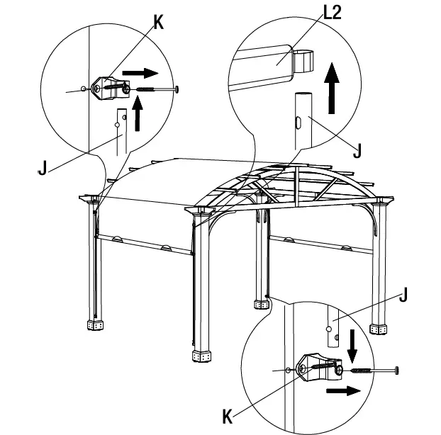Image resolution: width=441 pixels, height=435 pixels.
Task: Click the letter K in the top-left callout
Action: point(157,22)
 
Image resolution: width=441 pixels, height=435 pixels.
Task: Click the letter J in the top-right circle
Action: point(357,150)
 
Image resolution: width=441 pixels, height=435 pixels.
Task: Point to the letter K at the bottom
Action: point(228,416)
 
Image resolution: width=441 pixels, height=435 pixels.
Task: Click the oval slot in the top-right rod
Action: point(299,123)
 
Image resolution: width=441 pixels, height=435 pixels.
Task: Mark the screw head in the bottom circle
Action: point(396,370)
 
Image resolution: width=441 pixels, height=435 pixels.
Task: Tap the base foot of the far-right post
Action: point(381,329)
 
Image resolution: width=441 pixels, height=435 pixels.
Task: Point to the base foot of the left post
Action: point(94,324)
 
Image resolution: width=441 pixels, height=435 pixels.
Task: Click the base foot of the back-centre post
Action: point(262,304)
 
